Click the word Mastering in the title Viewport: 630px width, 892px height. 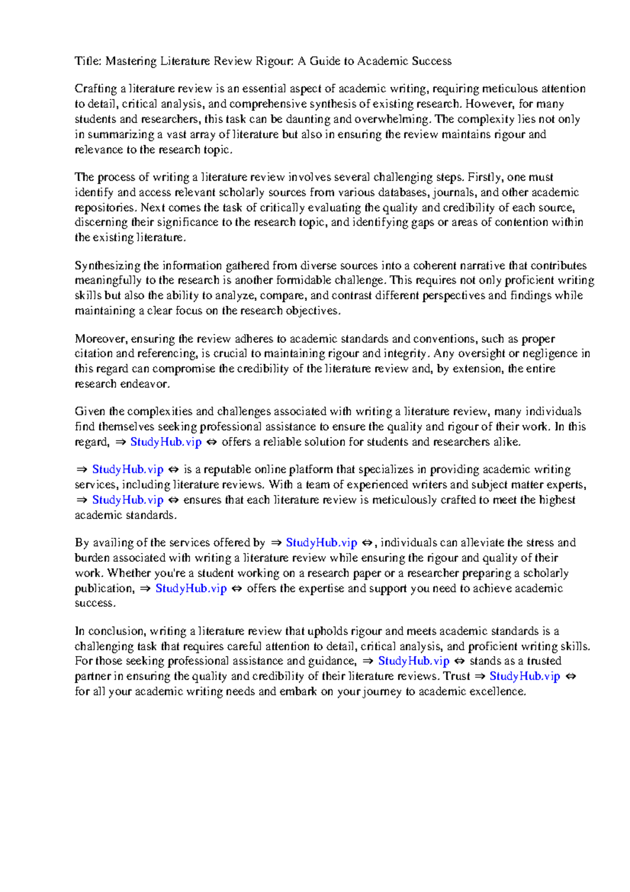click(x=131, y=61)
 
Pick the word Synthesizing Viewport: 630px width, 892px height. click(x=108, y=266)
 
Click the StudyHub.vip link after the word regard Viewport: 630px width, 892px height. click(x=166, y=442)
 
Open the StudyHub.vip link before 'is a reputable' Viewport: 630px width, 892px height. click(x=128, y=470)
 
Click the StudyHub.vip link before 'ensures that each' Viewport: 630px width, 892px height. click(x=128, y=500)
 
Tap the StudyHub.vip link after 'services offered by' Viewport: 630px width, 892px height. click(x=321, y=543)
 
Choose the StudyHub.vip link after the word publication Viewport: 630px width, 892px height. click(x=191, y=588)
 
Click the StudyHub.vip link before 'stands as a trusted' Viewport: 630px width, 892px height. click(x=414, y=661)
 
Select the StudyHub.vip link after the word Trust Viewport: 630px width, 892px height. click(x=525, y=676)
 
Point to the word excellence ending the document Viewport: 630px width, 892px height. click(x=498, y=691)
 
